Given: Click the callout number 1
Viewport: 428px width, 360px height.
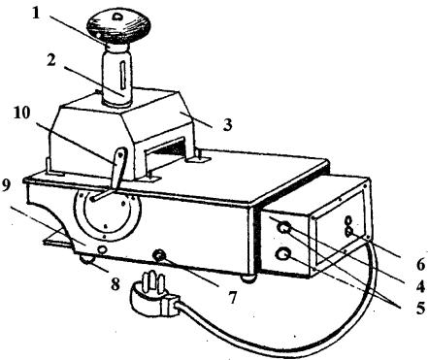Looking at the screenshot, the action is (36, 13).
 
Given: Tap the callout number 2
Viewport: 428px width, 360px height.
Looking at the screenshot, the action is (50, 60).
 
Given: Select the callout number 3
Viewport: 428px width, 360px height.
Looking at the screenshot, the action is (227, 125).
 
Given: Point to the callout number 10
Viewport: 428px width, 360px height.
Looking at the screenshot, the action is (21, 113).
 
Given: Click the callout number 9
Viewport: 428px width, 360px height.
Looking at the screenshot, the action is (7, 186).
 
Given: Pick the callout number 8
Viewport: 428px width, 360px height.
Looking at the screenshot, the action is (115, 285).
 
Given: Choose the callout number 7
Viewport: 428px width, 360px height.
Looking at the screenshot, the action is (232, 297).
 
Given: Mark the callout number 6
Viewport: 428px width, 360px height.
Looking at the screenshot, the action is (420, 265).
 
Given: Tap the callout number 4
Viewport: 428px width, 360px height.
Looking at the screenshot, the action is (419, 286).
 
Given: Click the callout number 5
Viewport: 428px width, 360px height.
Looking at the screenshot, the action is (420, 308).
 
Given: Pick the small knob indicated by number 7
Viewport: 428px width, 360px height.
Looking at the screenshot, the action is (160, 255).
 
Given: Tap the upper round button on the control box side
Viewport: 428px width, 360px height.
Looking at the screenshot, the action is (283, 228).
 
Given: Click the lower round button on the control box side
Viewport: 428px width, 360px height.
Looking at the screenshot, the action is (282, 254).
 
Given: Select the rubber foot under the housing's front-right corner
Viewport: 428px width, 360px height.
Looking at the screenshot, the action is (248, 278).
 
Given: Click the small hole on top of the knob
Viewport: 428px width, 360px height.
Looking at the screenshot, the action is (116, 16).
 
